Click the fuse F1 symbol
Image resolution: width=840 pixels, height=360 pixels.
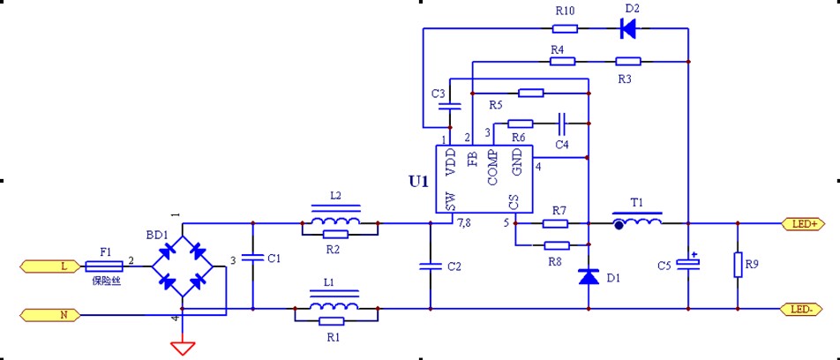[106, 266]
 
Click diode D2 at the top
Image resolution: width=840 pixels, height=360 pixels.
[628, 29]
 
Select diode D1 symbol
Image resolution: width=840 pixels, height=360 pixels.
[589, 276]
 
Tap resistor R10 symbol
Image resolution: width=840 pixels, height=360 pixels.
[565, 28]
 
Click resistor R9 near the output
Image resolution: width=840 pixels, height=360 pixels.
[738, 265]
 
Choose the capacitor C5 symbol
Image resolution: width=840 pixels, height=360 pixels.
[688, 264]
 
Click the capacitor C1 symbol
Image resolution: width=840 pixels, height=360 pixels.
[252, 259]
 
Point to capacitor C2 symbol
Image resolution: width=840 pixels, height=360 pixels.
[431, 266]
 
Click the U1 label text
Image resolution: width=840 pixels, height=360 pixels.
[418, 182]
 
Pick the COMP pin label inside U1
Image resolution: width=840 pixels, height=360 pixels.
[493, 168]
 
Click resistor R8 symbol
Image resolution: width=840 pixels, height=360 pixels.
[557, 245]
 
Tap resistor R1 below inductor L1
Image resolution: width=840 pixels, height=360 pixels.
[331, 321]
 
